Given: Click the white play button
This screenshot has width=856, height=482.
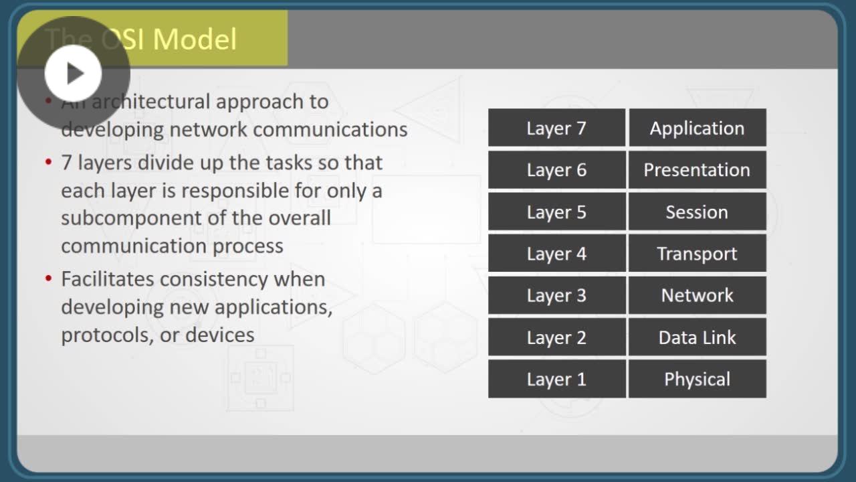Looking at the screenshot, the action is [x=73, y=73].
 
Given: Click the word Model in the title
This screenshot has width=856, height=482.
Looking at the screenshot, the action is [x=195, y=39].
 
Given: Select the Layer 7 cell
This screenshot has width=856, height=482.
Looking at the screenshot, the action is [x=557, y=127].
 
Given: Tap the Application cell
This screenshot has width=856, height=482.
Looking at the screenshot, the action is [x=698, y=127].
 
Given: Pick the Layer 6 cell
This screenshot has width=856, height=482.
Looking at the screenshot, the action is [x=557, y=169].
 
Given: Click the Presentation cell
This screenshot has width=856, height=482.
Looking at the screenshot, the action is [x=698, y=169].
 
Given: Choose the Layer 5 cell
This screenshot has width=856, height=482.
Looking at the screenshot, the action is [x=557, y=211].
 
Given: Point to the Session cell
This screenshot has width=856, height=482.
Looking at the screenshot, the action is [x=698, y=211].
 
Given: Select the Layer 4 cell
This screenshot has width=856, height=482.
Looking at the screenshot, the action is [x=557, y=253].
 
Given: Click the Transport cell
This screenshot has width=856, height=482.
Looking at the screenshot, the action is [x=698, y=253].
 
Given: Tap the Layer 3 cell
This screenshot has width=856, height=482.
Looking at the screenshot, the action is [x=557, y=295].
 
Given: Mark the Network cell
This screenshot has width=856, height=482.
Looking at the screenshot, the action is [x=698, y=295].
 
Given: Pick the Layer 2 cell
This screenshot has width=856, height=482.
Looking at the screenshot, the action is [x=557, y=337].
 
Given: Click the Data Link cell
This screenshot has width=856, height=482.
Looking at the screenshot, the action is [x=698, y=337].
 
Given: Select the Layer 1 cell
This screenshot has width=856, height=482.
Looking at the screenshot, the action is [x=557, y=379].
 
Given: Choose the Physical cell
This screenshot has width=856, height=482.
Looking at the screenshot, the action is [x=698, y=379].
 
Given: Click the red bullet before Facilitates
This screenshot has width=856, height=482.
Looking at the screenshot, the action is [x=49, y=278].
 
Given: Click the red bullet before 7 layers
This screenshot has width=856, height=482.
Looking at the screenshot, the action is [x=49, y=162].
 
